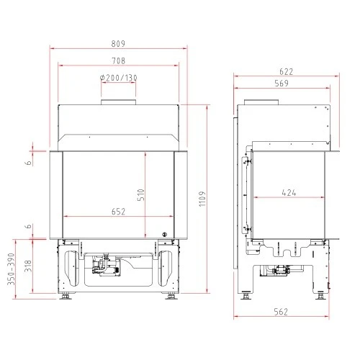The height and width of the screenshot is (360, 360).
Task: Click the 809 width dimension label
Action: (118, 44)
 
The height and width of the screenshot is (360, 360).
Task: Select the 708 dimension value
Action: (119, 60)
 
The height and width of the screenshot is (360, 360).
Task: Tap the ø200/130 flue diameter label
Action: (118, 78)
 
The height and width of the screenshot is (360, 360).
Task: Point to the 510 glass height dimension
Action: (142, 194)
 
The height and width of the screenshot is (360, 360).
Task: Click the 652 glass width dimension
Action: (118, 212)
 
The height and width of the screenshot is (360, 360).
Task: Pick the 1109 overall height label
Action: (202, 199)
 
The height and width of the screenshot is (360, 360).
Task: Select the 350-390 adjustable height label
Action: (11, 269)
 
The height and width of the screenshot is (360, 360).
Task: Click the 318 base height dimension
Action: (28, 266)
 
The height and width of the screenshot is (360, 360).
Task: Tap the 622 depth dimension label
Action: (287, 71)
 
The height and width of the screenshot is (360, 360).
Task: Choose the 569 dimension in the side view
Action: (282, 84)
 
